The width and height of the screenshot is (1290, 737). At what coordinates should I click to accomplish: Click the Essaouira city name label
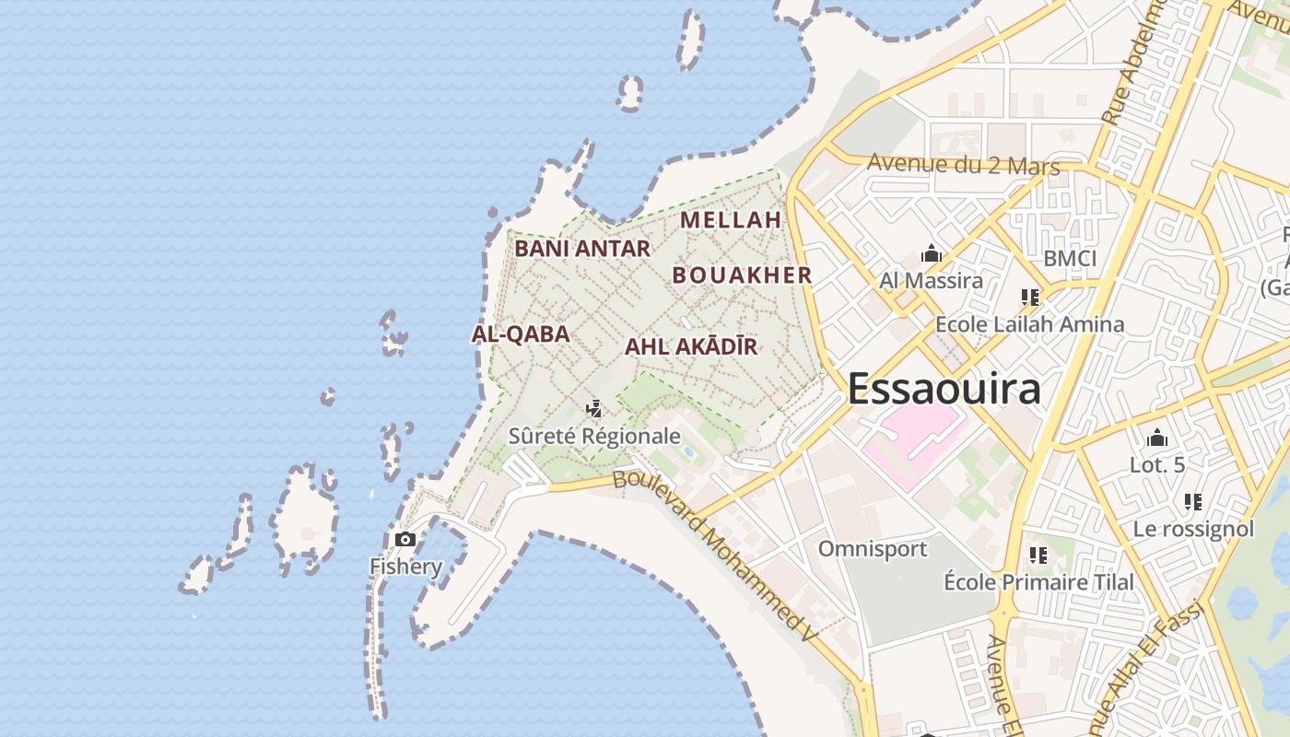tap(944, 389)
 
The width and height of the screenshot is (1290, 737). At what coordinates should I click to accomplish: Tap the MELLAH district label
tap(731, 220)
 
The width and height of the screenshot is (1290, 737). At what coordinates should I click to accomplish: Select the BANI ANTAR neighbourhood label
tap(581, 249)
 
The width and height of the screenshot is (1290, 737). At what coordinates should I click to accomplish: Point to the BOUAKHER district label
tap(742, 275)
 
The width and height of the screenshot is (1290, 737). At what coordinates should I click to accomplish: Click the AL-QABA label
tap(521, 334)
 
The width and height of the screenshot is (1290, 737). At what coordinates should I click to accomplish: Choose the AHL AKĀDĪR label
tap(691, 347)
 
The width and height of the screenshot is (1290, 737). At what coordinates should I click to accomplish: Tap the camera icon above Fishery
tap(405, 540)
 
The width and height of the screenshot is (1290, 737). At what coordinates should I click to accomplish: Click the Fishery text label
tap(405, 566)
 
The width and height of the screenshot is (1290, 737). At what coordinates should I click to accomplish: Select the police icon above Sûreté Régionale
tap(594, 408)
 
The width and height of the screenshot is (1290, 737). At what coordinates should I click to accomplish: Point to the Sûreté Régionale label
tap(594, 436)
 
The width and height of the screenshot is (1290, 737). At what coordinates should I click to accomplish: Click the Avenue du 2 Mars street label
tap(963, 165)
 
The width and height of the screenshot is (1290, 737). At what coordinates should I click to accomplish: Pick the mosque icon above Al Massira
tap(931, 254)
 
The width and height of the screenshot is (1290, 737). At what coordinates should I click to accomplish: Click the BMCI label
tap(1070, 259)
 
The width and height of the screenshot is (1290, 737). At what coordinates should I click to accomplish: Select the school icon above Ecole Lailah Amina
tap(1029, 298)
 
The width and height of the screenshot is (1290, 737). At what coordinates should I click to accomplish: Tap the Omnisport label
tap(873, 549)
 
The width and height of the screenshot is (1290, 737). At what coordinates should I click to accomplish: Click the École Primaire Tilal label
tap(1038, 582)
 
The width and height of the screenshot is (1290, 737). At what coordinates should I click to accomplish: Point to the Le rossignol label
tap(1193, 529)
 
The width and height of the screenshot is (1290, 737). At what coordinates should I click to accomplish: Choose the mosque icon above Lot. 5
tap(1157, 439)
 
